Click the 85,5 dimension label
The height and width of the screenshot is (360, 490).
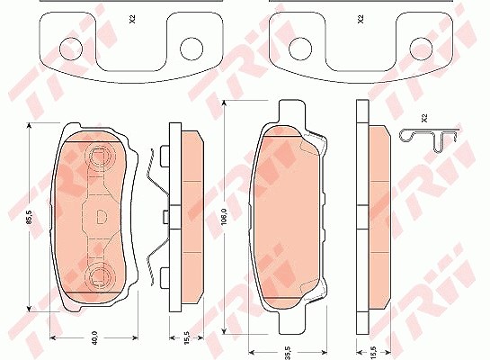[30, 217]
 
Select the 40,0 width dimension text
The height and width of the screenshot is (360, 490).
[94, 337]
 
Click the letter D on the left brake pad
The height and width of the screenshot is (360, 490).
[101, 217]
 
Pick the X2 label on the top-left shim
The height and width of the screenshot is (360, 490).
[132, 20]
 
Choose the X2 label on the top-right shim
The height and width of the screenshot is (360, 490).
[361, 20]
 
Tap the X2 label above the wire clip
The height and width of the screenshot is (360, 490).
[424, 118]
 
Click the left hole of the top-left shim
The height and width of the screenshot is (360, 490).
[71, 49]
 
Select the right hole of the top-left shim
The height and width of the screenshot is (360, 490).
[192, 49]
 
